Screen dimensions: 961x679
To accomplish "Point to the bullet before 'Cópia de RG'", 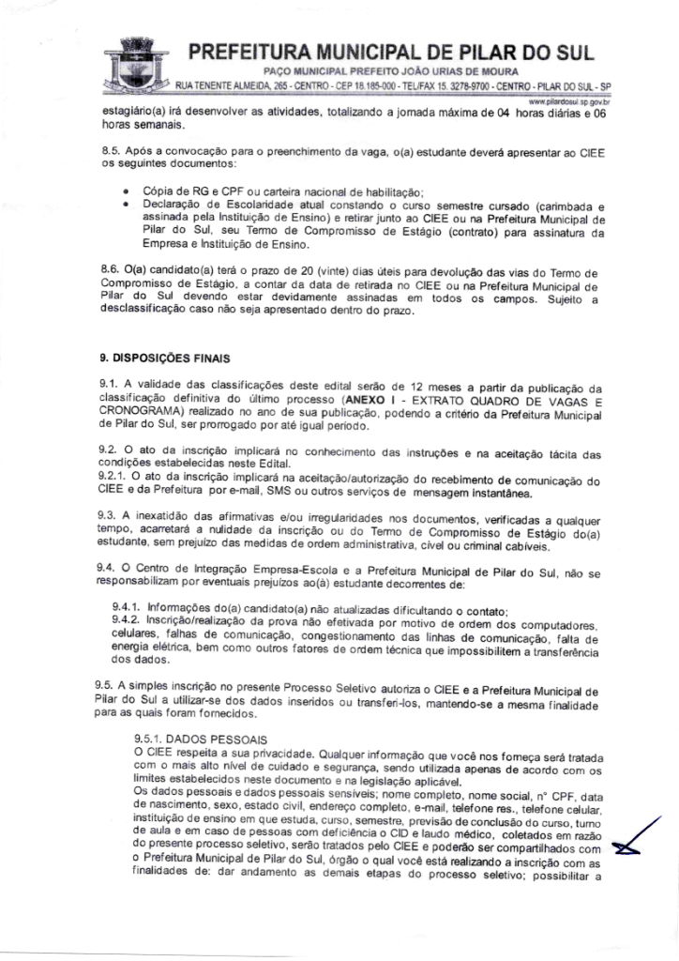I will click(126, 191).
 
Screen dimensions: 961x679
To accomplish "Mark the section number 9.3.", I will click(109, 517).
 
